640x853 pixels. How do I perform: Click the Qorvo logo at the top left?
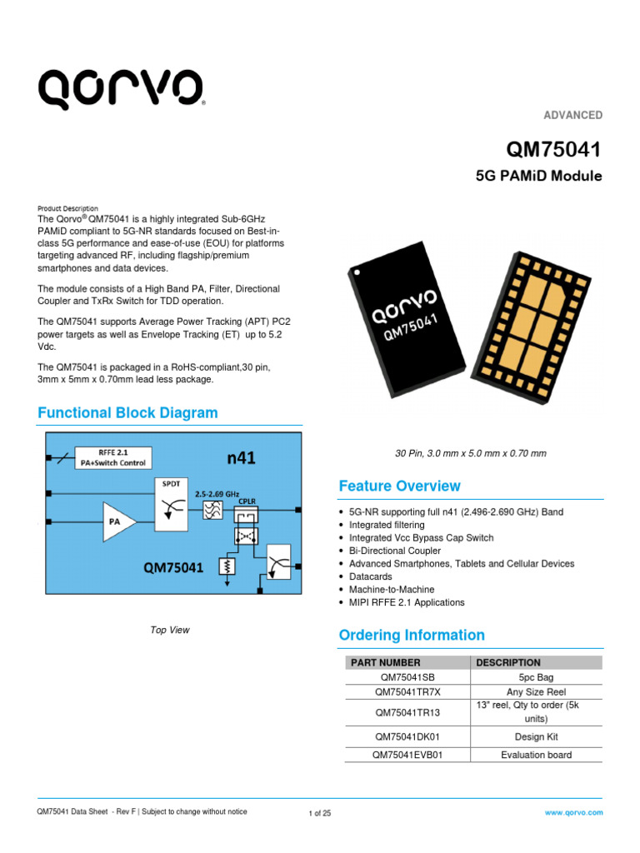point(121,88)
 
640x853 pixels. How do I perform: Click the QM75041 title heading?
point(554,150)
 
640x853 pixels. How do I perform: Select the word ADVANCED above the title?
point(573,115)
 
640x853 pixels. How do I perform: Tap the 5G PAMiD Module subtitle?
point(538,177)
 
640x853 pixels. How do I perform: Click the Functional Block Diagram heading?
point(128,413)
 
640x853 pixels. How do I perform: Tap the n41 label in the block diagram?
point(242,457)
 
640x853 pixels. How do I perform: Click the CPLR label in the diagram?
point(248,502)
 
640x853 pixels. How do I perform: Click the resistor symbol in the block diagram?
point(225,566)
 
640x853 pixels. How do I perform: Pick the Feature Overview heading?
point(399,486)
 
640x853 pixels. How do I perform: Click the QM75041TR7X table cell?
point(407,692)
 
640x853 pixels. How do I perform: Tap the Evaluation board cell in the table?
point(536,756)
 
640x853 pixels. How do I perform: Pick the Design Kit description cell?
point(536,736)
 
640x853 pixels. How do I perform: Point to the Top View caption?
point(170,630)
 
